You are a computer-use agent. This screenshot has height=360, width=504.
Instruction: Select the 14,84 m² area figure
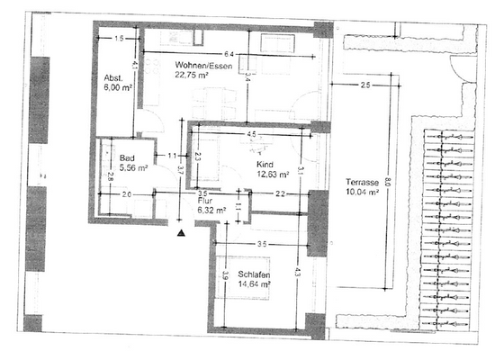(256, 284)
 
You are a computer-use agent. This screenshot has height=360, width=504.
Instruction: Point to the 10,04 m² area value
(364, 192)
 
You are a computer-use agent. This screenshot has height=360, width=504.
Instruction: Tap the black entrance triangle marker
(181, 232)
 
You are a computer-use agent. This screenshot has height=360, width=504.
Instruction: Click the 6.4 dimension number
(229, 55)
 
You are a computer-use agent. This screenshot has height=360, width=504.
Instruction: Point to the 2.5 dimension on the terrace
(364, 85)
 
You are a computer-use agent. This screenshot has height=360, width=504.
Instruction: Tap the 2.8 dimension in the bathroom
(110, 175)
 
